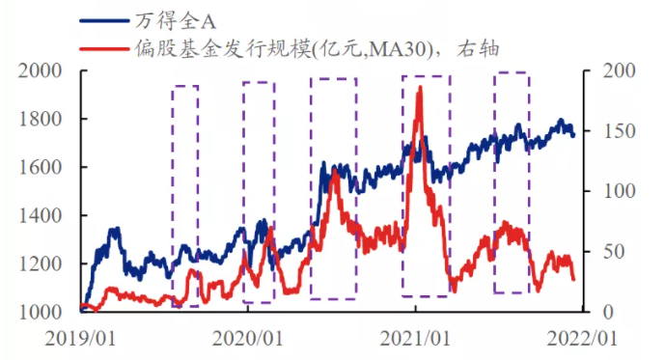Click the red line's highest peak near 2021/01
(419, 88)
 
